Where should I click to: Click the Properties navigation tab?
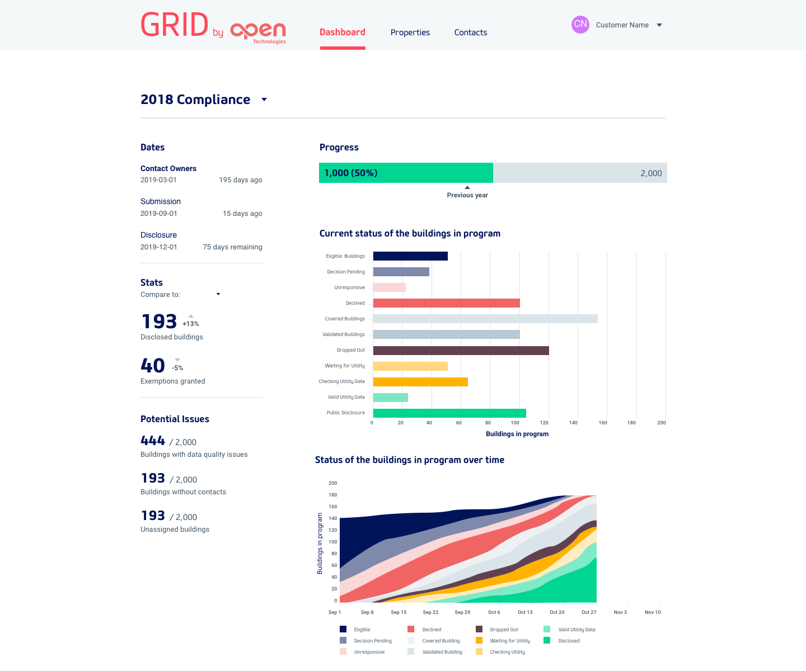point(410,32)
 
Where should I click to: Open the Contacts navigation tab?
point(470,32)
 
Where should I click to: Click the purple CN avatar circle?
point(580,25)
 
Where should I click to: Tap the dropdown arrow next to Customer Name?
point(659,25)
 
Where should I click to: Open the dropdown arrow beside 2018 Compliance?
point(264,100)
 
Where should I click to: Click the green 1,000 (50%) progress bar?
point(406,173)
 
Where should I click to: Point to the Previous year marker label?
point(467,195)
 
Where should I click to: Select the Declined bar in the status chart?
point(446,303)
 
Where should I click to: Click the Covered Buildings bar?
point(485,319)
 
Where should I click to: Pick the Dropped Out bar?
point(461,351)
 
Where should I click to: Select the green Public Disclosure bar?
point(449,413)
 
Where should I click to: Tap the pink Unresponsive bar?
point(389,287)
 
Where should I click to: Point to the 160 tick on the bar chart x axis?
point(602,423)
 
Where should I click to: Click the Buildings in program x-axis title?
point(517,434)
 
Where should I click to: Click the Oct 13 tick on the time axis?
point(525,612)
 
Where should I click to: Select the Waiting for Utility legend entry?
point(509,641)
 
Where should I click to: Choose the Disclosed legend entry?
point(568,641)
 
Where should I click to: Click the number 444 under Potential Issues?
point(153,441)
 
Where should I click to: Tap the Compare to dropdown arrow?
point(218,294)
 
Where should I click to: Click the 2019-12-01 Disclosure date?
point(159,247)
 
